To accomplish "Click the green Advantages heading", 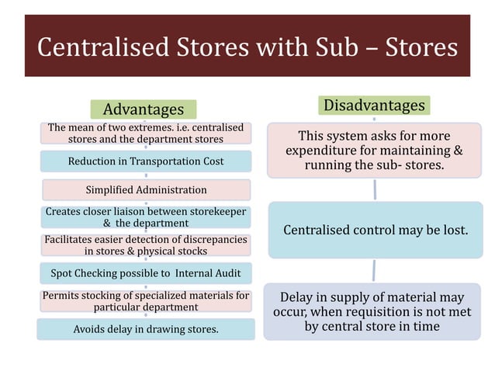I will pos(144,109).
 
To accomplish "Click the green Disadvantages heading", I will pos(374,105).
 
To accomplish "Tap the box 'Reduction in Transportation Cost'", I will pos(146,161).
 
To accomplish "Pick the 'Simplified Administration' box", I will pos(146,189).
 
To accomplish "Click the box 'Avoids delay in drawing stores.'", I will pos(146,329).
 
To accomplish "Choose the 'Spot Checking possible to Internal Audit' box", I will pos(146,273).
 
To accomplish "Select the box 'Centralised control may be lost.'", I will pos(376,231).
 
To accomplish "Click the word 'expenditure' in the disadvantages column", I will pos(325,150).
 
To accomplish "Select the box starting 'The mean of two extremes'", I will pos(146,133).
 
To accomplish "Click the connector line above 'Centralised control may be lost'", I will pos(375,189).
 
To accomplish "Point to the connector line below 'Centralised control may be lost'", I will pos(374,270).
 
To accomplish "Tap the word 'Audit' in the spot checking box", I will pos(226,273).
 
